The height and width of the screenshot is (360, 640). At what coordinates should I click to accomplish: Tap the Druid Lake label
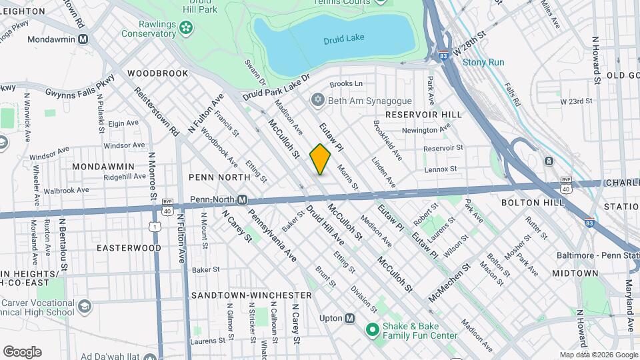point(344,38)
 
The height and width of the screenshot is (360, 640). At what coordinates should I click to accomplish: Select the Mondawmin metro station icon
point(83,39)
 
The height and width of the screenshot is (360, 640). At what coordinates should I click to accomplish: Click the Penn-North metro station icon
point(243,199)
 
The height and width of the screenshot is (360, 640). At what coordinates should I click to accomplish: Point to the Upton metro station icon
point(349,318)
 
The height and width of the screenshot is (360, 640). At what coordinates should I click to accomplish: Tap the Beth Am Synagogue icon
point(318,99)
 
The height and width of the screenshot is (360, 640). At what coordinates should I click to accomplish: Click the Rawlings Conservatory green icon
point(186,28)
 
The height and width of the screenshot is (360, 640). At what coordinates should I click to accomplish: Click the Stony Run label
point(483,63)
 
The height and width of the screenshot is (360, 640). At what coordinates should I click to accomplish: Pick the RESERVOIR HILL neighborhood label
point(423,115)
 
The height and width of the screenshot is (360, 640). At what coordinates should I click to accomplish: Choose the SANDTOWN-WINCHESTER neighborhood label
point(251,295)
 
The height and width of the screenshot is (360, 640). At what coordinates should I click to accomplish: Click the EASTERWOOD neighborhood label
point(129,248)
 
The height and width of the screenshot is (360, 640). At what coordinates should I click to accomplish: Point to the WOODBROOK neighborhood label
point(158,73)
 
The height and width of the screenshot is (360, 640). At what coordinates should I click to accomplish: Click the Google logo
point(22,351)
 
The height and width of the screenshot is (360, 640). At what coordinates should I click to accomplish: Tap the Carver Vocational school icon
point(84,306)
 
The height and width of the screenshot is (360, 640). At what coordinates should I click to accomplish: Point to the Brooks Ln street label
point(346,84)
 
